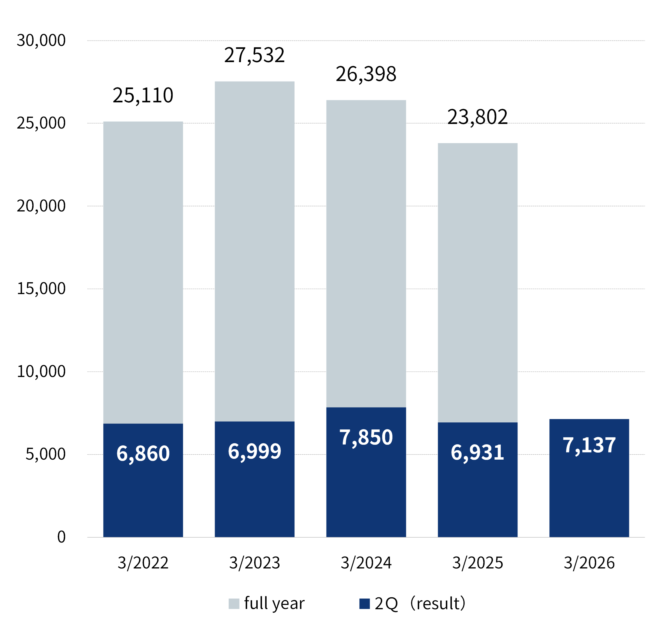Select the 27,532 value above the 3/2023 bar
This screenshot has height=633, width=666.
click(x=254, y=55)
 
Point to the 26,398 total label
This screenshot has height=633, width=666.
click(x=366, y=74)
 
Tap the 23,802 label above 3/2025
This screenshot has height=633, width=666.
click(x=477, y=117)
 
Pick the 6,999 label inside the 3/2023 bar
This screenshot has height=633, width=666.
click(x=254, y=452)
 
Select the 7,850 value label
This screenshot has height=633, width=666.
click(x=366, y=438)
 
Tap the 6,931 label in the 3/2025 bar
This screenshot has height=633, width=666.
click(x=477, y=453)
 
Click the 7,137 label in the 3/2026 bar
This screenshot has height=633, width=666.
click(x=589, y=445)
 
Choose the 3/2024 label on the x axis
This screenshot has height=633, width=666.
click(x=366, y=563)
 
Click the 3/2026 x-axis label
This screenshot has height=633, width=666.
click(x=589, y=563)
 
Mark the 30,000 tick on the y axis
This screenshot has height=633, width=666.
click(x=41, y=41)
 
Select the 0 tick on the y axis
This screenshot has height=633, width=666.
click(x=61, y=537)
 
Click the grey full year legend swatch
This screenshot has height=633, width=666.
click(x=234, y=604)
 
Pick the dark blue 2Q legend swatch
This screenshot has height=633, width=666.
click(x=364, y=604)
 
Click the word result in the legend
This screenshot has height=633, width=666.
click(x=438, y=604)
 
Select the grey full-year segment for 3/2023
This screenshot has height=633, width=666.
click(x=254, y=251)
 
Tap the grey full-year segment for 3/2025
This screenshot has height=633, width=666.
click(x=477, y=283)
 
